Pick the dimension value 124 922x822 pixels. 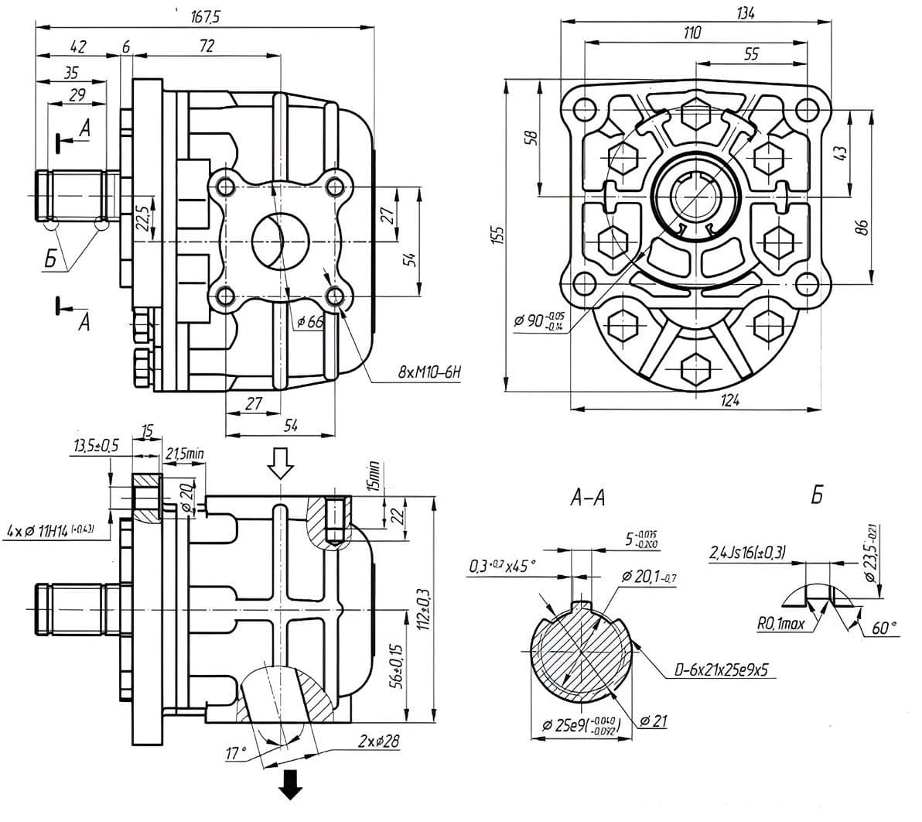point(729,400)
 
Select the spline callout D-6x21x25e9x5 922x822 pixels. point(720,671)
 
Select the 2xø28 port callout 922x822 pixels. point(378,741)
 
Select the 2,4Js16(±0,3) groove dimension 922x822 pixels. point(747,552)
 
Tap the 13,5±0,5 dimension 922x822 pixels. point(97,446)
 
